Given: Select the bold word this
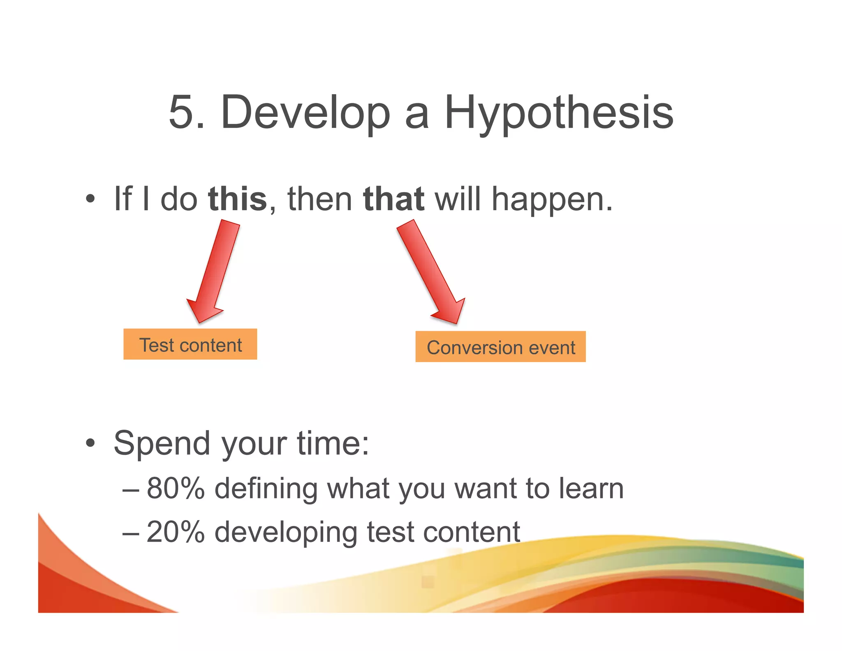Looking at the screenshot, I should tap(237, 199).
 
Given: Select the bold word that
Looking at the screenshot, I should tap(393, 199).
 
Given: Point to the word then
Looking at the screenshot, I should tap(319, 199).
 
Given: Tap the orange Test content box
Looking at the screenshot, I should tap(190, 344).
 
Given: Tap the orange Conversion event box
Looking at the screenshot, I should tap(500, 347).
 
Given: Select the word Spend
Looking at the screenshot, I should tap(162, 444).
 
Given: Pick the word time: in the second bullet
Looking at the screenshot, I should tap(333, 444).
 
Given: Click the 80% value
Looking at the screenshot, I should tap(176, 488).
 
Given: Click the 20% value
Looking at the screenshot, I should tap(176, 532).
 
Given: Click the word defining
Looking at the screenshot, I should tap(266, 489).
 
